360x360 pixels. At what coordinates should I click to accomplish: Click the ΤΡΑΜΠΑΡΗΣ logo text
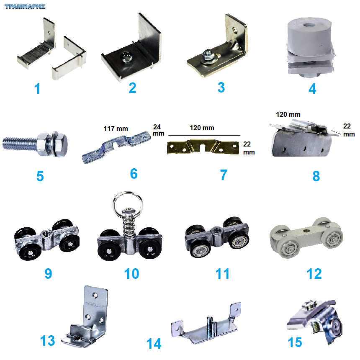tap(25, 6)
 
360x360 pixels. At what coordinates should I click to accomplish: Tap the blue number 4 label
tap(312, 89)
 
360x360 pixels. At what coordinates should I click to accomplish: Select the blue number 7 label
tap(224, 175)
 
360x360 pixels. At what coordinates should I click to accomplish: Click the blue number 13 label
tap(48, 340)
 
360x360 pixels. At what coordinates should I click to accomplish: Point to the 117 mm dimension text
tap(116, 129)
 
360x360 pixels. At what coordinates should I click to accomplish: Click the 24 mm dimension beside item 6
tap(158, 130)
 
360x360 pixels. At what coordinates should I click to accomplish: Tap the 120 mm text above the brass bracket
tap(202, 128)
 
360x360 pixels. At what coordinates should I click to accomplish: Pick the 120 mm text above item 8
tap(288, 114)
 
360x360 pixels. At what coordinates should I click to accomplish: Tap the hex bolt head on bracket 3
tap(208, 54)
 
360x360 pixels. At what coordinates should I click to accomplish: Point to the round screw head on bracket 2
tap(126, 57)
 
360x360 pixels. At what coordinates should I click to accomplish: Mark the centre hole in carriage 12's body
tap(306, 230)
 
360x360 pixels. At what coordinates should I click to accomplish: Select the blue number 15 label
tap(295, 342)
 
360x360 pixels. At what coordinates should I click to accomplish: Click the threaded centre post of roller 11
tap(216, 230)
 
